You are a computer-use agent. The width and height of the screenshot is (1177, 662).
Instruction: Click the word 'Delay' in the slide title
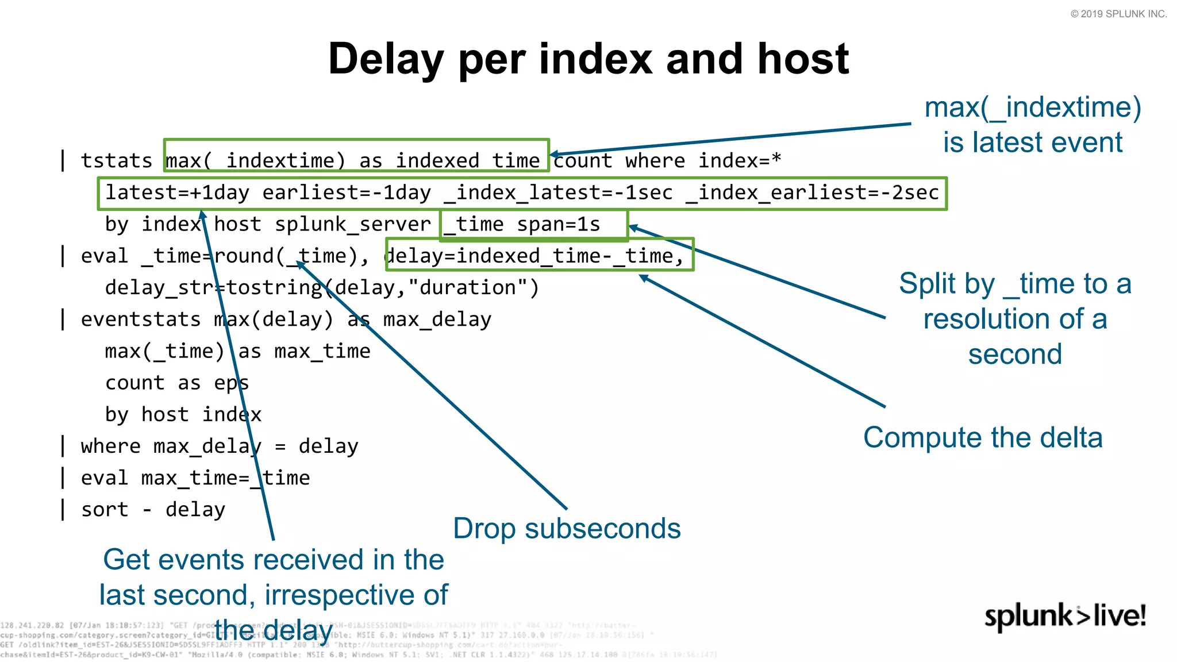pyautogui.click(x=386, y=59)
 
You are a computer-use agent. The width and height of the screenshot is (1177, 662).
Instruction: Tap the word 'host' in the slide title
pyautogui.click(x=803, y=59)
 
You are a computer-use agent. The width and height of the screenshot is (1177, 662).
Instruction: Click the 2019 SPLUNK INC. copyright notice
pyautogui.click(x=1118, y=14)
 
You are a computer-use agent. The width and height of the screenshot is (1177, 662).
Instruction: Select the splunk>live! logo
pyautogui.click(x=1065, y=617)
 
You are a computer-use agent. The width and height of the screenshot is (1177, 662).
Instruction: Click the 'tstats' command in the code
pyautogui.click(x=116, y=161)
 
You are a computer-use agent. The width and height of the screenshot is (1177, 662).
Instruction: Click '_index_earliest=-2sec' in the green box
pyautogui.click(x=813, y=193)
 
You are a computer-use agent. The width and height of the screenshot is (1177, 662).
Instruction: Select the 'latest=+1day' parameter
pyautogui.click(x=177, y=193)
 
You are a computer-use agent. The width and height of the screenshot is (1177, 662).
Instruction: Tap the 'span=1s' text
pyautogui.click(x=558, y=225)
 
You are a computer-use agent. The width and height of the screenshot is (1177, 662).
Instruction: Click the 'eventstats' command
pyautogui.click(x=141, y=320)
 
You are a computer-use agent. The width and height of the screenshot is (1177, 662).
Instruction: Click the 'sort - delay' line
pyautogui.click(x=153, y=510)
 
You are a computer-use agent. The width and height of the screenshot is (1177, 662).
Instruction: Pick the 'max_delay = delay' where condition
pyautogui.click(x=255, y=447)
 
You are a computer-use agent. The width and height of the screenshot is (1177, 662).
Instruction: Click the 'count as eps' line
pyautogui.click(x=177, y=383)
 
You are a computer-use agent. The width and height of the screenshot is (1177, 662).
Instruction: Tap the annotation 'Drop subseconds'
pyautogui.click(x=567, y=529)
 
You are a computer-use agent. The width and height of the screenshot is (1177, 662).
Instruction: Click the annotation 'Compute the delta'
pyautogui.click(x=983, y=438)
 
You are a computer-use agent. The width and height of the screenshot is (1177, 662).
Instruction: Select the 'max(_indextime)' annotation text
pyautogui.click(x=1033, y=108)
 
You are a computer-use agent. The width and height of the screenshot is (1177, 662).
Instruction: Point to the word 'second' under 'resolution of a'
pyautogui.click(x=1015, y=355)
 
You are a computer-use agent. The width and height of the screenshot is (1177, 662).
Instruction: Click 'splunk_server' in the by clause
pyautogui.click(x=352, y=225)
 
